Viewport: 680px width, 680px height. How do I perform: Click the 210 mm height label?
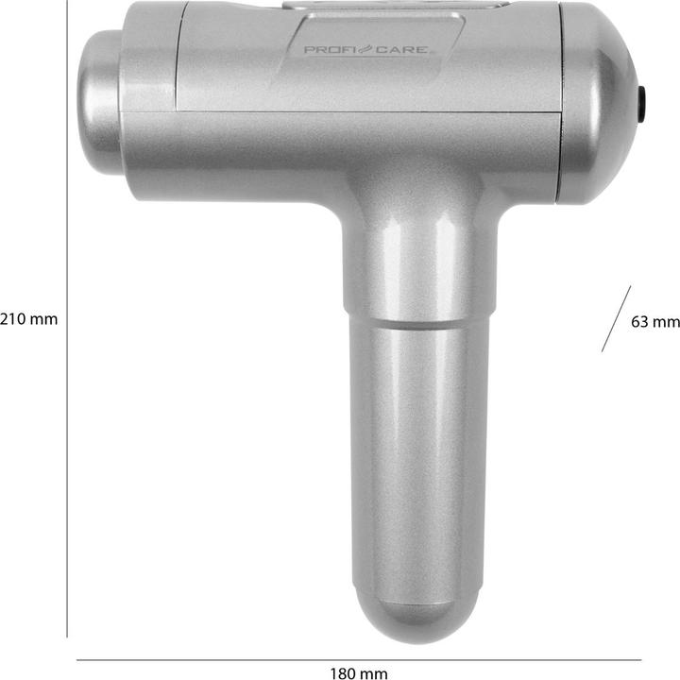point(28,319)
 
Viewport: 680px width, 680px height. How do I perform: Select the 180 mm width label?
point(359,673)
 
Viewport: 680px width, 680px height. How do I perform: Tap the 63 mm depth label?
point(654,321)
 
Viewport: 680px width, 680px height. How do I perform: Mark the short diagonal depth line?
point(616,319)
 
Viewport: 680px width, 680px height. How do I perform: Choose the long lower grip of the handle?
point(411,453)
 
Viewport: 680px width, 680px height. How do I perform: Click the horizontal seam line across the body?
point(340,112)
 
